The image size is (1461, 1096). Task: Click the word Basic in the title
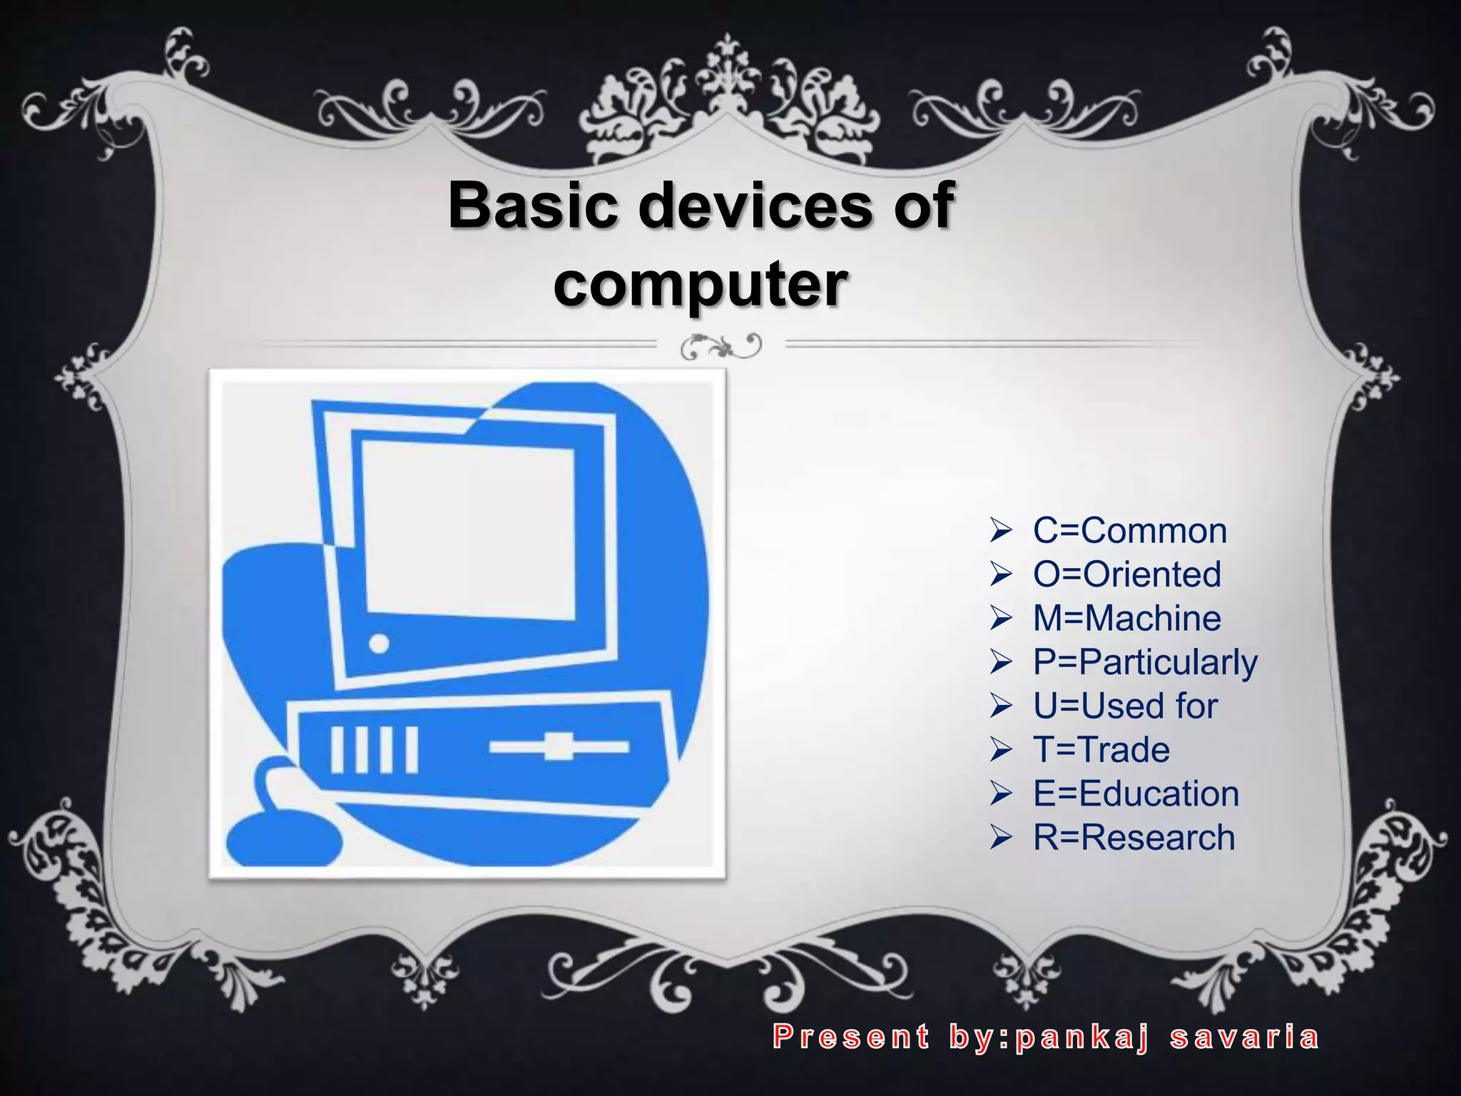(532, 205)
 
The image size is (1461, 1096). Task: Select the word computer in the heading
(701, 285)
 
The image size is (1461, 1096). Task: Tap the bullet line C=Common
(1129, 531)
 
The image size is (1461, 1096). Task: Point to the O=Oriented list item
(1126, 574)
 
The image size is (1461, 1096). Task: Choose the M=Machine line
(1126, 618)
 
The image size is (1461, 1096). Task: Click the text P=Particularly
(1145, 662)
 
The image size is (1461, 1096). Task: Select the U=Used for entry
(1125, 706)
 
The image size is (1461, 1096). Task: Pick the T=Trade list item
(1101, 749)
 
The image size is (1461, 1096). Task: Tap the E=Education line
(1136, 793)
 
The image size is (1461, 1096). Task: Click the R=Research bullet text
(1134, 837)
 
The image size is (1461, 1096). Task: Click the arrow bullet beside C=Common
(1001, 531)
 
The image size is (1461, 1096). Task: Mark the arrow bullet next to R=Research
(1001, 837)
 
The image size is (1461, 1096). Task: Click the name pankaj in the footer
(1081, 1037)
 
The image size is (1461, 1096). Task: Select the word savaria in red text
(1244, 1037)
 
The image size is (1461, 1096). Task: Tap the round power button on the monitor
(380, 644)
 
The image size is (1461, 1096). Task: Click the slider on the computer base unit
(559, 746)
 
